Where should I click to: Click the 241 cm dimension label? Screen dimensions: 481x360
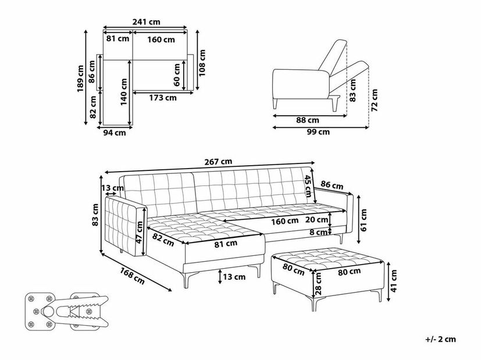[147, 22]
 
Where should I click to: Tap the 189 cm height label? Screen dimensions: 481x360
[80, 79]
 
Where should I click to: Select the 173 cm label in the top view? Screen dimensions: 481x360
[163, 98]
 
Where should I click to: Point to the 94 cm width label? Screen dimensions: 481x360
[115, 133]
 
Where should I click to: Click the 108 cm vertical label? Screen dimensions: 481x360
[202, 63]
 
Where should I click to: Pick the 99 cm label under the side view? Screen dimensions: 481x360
[318, 132]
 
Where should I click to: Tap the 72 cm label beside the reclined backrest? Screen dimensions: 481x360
[374, 100]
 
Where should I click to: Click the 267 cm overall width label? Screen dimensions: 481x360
[219, 162]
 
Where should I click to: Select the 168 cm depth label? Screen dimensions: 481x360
[132, 276]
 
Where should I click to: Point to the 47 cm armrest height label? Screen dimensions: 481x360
[140, 233]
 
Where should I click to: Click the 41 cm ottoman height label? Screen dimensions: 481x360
[394, 280]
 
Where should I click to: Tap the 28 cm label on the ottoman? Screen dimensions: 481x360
[318, 284]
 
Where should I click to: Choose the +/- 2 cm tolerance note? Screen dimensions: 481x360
[441, 339]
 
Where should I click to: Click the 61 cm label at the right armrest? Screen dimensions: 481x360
[364, 220]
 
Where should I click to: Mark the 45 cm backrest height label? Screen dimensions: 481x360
[308, 186]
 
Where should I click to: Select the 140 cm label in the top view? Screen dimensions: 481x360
[124, 92]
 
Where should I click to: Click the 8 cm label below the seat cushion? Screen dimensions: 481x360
[318, 233]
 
